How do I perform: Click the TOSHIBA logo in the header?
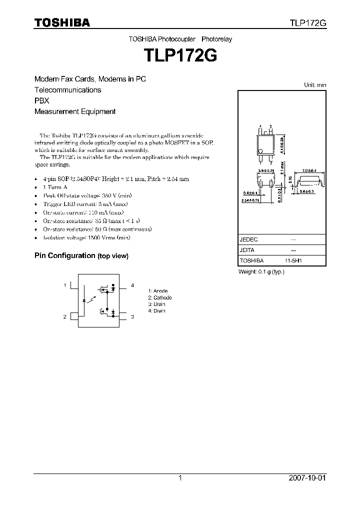(62, 23)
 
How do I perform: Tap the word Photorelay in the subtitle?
(217, 39)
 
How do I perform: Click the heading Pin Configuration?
(64, 255)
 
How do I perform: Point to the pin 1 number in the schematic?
(65, 285)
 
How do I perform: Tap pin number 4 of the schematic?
(132, 285)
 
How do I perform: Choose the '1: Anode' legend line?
(158, 291)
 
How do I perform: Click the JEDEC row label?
(248, 239)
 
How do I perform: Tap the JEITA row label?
(247, 250)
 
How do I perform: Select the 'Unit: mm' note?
(315, 85)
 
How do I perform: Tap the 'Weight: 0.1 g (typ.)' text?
(261, 271)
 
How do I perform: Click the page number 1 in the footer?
(180, 478)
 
